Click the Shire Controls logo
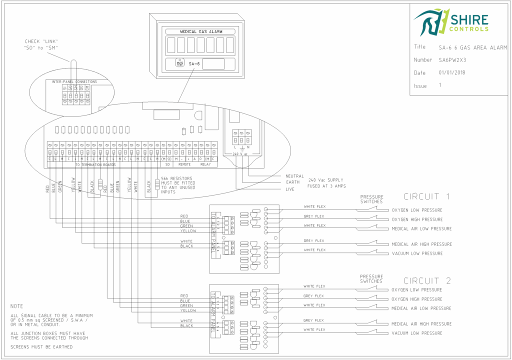(450, 22)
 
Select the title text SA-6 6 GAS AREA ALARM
(472, 48)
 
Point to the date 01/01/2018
(453, 73)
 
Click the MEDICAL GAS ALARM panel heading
(199, 31)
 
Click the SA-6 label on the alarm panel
(194, 64)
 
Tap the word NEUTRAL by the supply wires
(294, 176)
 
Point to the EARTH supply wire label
(292, 182)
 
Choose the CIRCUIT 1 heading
(427, 196)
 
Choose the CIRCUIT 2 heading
(427, 281)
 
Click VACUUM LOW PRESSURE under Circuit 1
(417, 253)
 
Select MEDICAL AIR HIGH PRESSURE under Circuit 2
(421, 324)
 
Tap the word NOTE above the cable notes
(16, 306)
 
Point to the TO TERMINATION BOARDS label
(95, 164)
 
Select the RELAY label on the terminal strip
(205, 164)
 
